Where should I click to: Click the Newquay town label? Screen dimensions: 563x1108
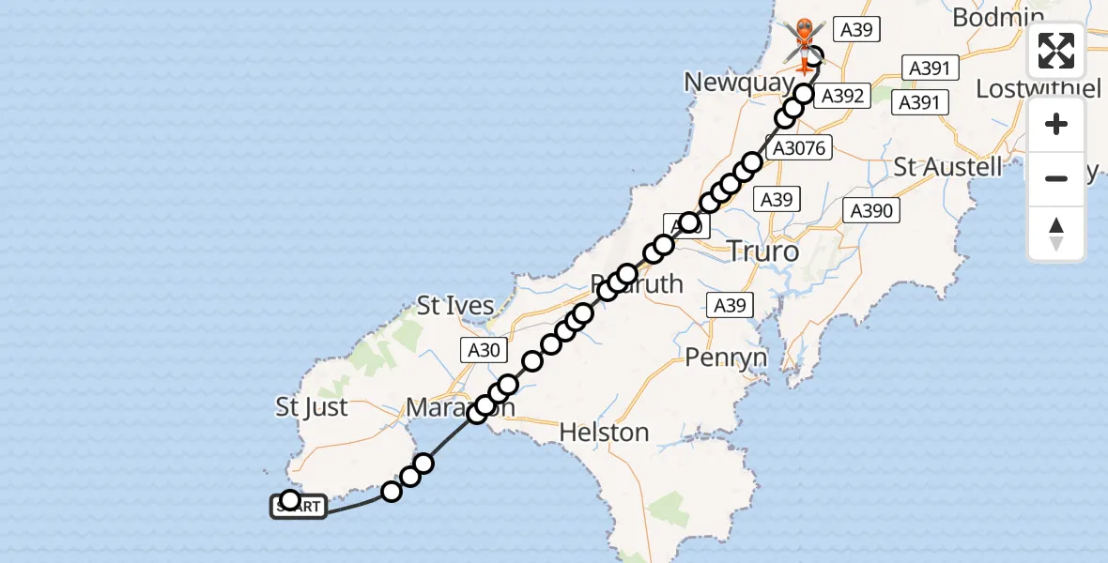(x=738, y=83)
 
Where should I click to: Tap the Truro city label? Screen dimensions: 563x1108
(x=763, y=251)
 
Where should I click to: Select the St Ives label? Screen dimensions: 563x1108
(x=455, y=306)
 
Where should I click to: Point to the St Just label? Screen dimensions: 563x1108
(x=312, y=407)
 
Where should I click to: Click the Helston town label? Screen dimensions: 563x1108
(x=604, y=433)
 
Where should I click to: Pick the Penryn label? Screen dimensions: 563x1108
(x=726, y=357)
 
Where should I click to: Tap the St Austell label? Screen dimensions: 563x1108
(x=947, y=168)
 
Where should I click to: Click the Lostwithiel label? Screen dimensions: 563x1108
(x=1037, y=89)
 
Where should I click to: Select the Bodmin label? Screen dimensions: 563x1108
(x=997, y=17)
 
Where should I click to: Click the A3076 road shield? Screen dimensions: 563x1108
(x=796, y=148)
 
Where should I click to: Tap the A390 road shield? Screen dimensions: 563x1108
(x=870, y=211)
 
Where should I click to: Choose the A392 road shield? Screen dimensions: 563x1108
(x=842, y=95)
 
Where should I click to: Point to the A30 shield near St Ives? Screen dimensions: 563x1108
(x=485, y=350)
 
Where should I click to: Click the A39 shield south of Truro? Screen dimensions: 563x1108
(x=730, y=305)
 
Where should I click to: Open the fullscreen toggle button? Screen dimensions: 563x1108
(x=1056, y=51)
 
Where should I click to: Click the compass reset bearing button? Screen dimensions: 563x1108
(x=1056, y=233)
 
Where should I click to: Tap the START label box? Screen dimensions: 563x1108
(x=300, y=508)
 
